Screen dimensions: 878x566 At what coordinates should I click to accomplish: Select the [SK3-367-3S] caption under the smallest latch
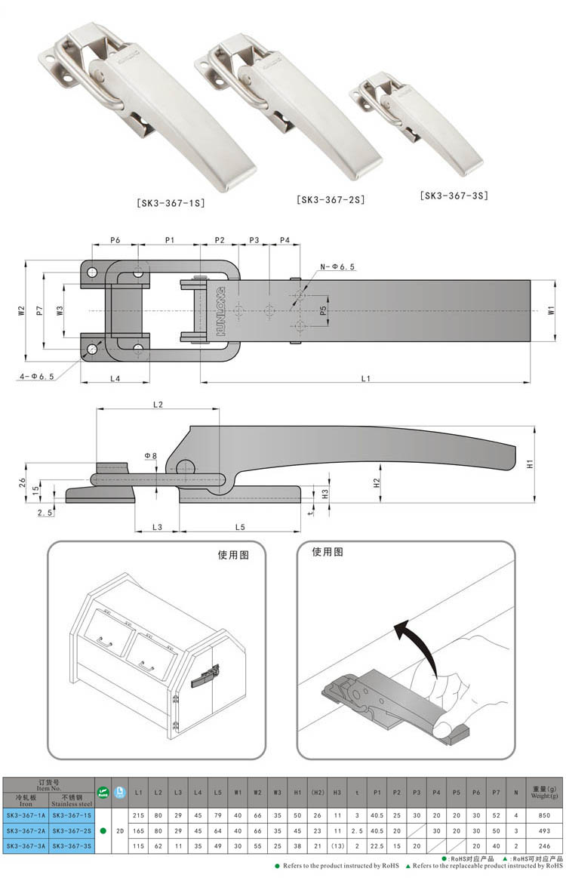pyautogui.click(x=454, y=196)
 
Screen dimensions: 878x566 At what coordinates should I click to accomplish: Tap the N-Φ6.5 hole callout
pyautogui.click(x=337, y=266)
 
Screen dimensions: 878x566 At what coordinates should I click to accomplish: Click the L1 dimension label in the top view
pyautogui.click(x=365, y=378)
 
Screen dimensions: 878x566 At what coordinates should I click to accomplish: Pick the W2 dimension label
pyautogui.click(x=22, y=310)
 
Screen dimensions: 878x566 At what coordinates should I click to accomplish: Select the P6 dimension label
pyautogui.click(x=115, y=239)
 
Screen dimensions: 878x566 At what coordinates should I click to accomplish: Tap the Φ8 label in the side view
pyautogui.click(x=151, y=456)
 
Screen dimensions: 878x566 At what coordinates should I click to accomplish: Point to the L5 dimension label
pyautogui.click(x=240, y=525)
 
